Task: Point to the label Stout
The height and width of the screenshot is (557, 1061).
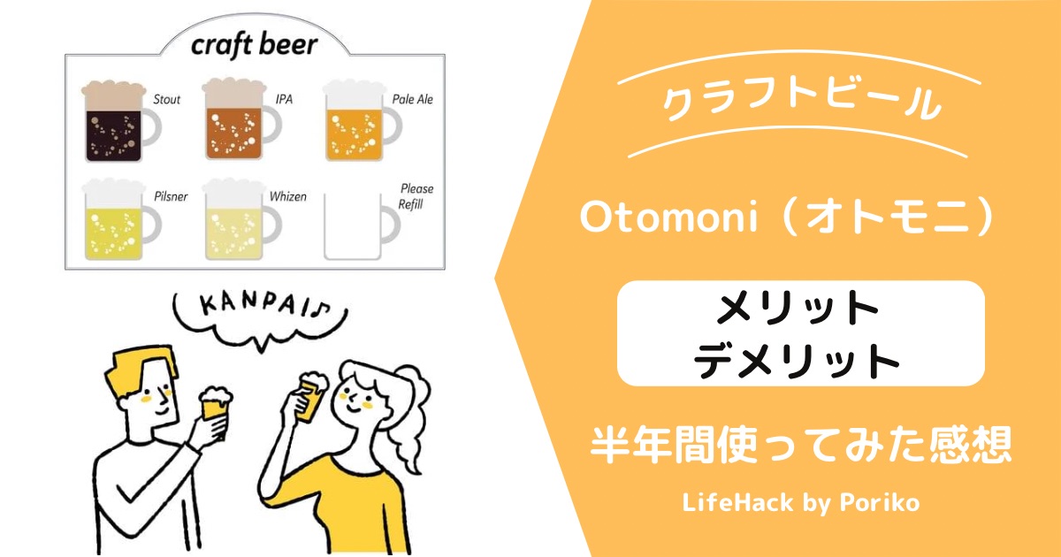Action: pos(167,99)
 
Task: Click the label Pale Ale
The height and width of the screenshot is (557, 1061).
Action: pos(413,99)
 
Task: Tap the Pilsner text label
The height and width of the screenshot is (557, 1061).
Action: pos(171,196)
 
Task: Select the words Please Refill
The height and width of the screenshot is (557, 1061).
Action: pos(416,196)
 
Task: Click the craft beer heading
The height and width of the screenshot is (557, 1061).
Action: pos(255,45)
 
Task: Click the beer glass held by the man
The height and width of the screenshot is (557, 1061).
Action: pos(215,408)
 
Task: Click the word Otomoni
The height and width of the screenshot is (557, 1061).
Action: pos(668,217)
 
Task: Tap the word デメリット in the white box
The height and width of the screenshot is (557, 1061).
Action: pos(798,362)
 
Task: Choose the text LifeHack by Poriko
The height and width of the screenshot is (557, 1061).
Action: pos(801,502)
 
